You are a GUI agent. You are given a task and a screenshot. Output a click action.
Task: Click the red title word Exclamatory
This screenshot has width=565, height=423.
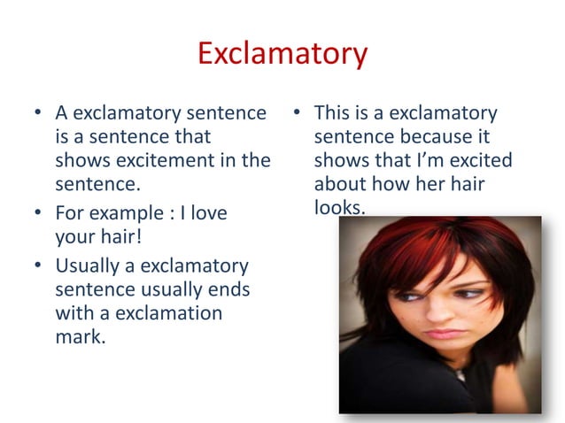pos(282,54)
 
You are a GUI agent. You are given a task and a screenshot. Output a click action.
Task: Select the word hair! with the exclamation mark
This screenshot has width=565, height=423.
pos(120,237)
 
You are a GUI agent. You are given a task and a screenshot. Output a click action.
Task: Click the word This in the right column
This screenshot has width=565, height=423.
pos(334,113)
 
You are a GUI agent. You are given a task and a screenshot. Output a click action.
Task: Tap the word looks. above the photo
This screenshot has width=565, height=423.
pos(340,207)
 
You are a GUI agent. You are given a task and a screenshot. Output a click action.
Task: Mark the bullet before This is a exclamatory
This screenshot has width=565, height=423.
pos(297,114)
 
